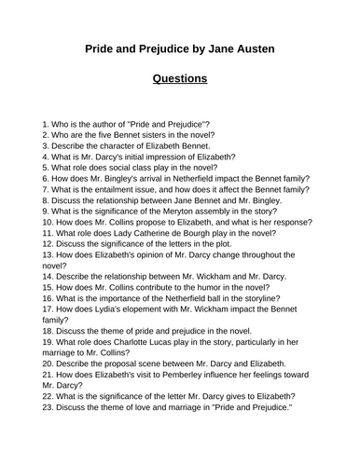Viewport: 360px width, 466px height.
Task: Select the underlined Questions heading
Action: pyautogui.click(x=179, y=78)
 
